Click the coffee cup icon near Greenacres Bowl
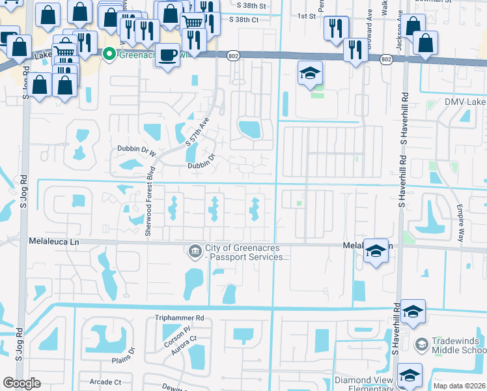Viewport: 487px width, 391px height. (x=168, y=55)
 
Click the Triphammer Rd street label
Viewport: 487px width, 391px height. (x=175, y=318)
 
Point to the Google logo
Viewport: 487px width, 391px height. (x=21, y=383)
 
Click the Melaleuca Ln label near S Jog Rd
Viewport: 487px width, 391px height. (x=54, y=240)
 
